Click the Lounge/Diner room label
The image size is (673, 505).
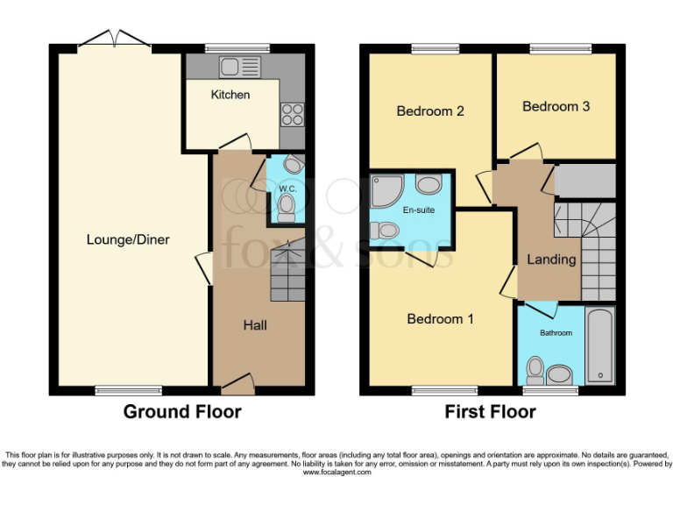click(x=128, y=239)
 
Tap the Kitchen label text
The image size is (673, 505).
click(x=230, y=95)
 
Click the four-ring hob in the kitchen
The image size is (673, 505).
click(x=291, y=115)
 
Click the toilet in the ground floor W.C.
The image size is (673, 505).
click(x=286, y=207)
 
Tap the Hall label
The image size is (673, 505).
click(x=255, y=325)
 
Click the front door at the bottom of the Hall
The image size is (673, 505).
click(x=237, y=381)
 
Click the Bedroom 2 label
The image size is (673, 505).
click(x=429, y=111)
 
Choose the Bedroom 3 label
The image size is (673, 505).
click(x=556, y=106)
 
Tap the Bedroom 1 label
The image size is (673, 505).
click(x=440, y=319)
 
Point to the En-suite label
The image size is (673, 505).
click(x=418, y=210)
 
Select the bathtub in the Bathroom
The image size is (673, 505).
click(x=600, y=345)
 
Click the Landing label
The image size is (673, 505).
click(x=551, y=259)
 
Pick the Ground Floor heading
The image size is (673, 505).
click(x=182, y=411)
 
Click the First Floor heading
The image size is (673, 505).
click(x=491, y=411)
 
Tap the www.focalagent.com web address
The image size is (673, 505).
click(x=336, y=472)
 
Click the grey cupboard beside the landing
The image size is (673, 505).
click(x=585, y=180)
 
